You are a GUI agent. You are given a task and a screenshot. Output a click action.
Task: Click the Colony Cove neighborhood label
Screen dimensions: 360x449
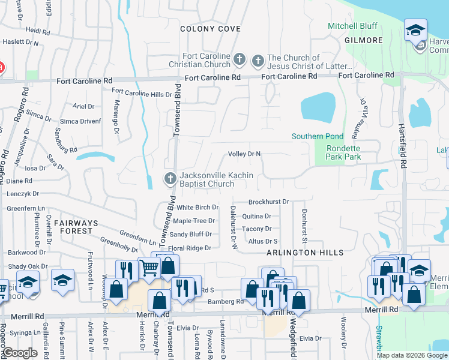point(211,29)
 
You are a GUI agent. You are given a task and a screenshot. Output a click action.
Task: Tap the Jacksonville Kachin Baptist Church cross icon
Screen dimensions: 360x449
point(170,178)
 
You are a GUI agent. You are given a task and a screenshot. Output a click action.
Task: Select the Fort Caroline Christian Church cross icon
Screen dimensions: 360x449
point(240,59)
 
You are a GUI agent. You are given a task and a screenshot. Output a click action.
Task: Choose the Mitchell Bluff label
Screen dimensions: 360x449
point(352,26)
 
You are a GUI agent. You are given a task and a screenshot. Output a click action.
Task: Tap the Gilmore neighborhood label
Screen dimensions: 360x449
point(364,40)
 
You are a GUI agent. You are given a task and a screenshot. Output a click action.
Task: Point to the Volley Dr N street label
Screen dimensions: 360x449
point(244,154)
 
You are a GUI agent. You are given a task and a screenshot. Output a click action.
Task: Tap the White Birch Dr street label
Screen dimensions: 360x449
point(197,208)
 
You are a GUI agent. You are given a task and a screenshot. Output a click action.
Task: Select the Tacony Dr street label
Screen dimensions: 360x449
point(256,229)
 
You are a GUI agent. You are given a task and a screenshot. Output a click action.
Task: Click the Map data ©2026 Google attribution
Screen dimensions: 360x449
point(411,355)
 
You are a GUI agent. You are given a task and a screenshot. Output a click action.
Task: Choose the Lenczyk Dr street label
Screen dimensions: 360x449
point(23,194)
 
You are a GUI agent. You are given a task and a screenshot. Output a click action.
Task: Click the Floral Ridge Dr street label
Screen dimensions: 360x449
point(190,248)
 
